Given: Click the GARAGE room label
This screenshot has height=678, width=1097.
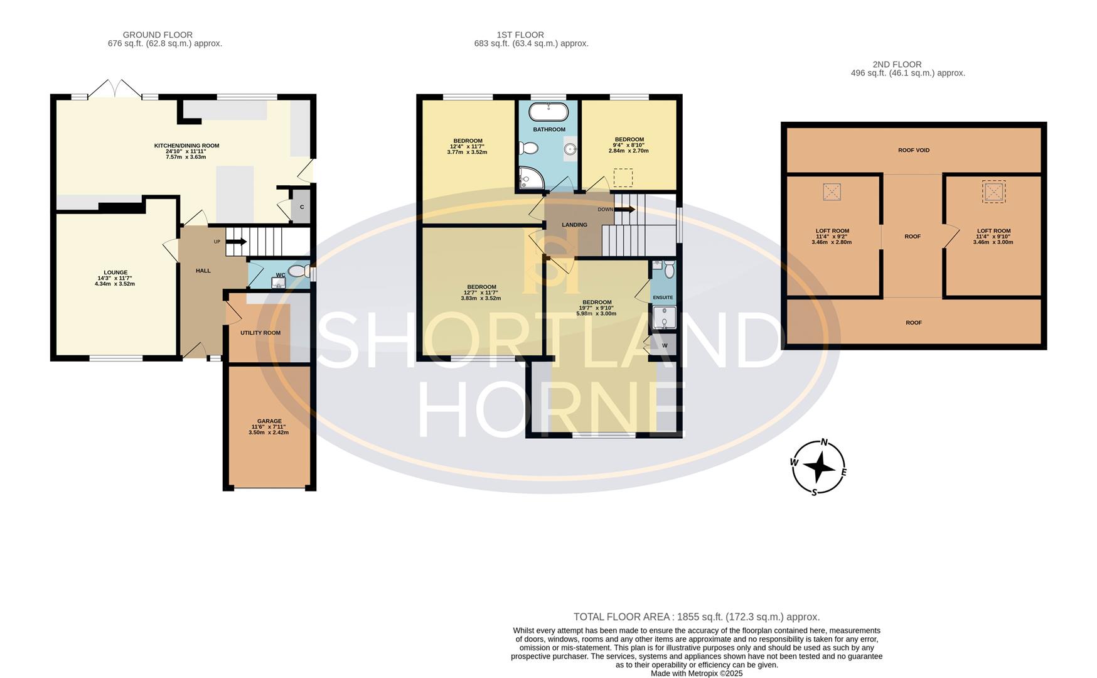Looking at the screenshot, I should [269, 421].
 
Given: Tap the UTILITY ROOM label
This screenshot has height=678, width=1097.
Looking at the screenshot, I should [260, 333].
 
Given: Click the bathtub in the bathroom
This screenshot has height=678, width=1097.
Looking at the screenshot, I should [548, 112].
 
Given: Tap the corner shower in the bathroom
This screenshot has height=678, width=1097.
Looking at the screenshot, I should [531, 179].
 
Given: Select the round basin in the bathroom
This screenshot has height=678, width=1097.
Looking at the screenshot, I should [570, 149].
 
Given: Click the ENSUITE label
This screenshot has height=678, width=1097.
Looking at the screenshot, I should [663, 298].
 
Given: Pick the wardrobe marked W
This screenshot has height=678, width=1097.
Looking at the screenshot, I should [665, 346].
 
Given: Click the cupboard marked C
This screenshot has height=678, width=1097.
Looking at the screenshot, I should [302, 207].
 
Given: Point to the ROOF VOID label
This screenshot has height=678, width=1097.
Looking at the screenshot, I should [914, 150].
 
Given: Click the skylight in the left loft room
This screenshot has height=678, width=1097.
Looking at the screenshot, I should [832, 191].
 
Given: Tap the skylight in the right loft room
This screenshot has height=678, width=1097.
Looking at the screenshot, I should [993, 191].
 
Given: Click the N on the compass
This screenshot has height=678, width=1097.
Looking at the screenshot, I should [825, 442].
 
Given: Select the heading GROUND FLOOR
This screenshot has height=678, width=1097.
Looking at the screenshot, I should [158, 35].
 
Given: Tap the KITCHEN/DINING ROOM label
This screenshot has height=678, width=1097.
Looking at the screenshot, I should [186, 146].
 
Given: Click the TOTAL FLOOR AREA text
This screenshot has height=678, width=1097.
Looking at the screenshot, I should [697, 617].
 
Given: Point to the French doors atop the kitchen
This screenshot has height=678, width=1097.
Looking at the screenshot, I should [114, 89].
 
